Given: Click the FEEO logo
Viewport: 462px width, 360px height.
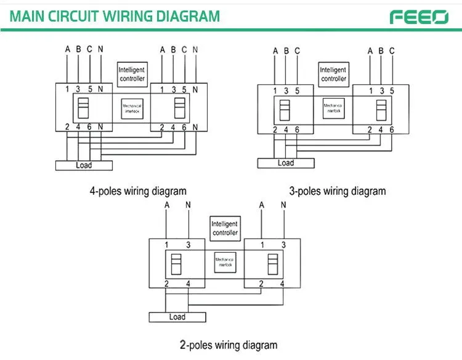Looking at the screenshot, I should point(419,16).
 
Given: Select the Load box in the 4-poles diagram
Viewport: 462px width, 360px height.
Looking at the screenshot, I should point(84,165).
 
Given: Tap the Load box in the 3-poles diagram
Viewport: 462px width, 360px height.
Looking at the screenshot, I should point(285,163).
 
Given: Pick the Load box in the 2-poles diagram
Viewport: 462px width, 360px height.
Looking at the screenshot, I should point(177,317).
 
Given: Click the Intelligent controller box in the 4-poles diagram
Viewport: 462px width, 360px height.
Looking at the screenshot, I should point(131,74).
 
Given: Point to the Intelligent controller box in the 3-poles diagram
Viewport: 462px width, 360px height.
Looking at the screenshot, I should point(333,74).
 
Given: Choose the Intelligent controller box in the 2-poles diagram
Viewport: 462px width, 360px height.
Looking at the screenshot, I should point(225,228).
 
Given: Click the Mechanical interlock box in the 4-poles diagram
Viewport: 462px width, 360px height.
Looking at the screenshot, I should point(132,109).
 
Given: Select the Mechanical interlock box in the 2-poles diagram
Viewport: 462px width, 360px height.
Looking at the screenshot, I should point(225,263).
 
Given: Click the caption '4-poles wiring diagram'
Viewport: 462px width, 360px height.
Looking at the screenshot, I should point(138,191).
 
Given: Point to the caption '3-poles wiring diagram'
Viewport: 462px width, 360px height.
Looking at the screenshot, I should point(338,191).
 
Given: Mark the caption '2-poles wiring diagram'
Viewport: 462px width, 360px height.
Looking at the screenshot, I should point(229,345).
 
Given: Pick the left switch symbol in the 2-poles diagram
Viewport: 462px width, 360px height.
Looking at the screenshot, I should point(176,264).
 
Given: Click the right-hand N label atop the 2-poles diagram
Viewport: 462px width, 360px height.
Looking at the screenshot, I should point(283,205).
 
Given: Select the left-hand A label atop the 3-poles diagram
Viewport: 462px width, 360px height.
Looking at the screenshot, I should point(275,51).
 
